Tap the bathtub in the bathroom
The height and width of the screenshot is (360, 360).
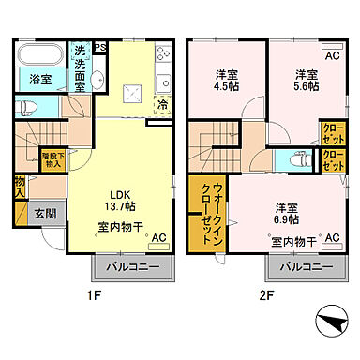point(39,57)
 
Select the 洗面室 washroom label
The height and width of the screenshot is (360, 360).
point(80,67)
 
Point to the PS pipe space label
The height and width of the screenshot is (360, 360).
point(100,47)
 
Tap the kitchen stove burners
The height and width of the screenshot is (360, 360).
point(163,54)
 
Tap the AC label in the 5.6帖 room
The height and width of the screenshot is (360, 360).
point(331,55)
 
